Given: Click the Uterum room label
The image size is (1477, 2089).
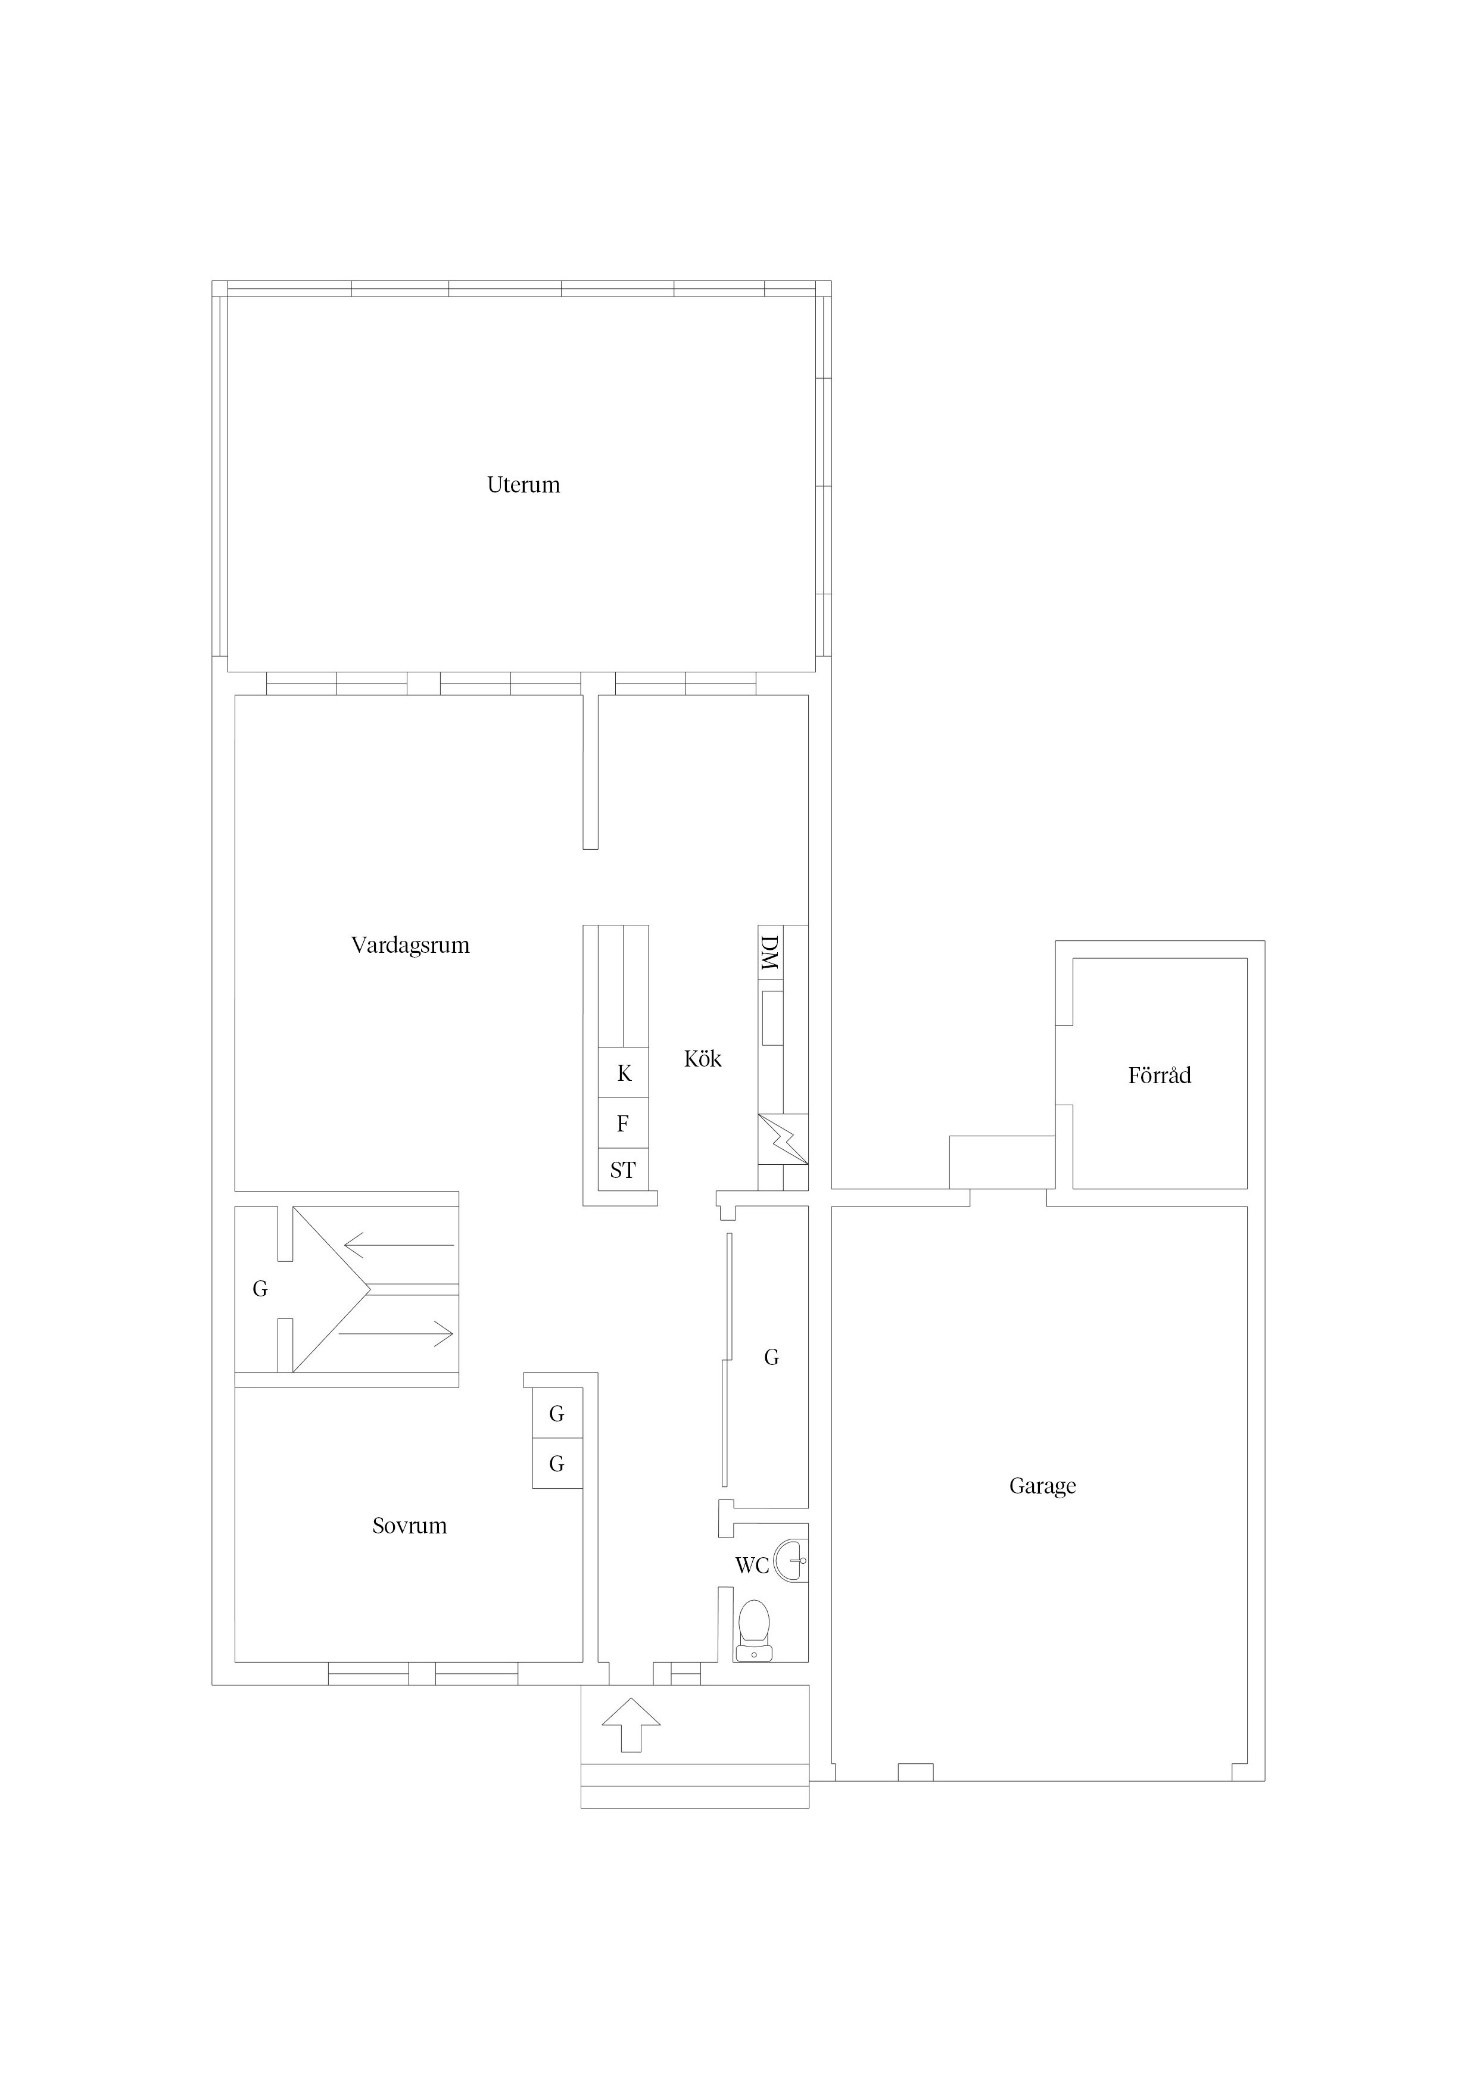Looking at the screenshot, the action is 524,485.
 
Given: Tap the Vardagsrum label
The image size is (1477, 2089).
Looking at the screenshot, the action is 410,945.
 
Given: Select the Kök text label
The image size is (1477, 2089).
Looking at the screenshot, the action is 703,1058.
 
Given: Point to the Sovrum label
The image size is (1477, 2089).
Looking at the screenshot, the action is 410,1526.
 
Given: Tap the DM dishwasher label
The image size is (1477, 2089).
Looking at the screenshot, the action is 770,953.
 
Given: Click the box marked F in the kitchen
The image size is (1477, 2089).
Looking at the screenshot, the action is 624,1124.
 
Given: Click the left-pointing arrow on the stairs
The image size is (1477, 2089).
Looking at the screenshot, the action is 398,1245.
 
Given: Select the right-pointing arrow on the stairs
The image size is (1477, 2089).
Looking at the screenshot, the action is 396,1334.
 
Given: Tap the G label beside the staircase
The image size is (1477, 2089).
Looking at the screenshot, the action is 260,1288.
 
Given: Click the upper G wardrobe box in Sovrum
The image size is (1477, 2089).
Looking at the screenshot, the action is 557,1414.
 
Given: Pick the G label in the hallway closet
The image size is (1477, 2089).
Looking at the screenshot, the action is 772,1358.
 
